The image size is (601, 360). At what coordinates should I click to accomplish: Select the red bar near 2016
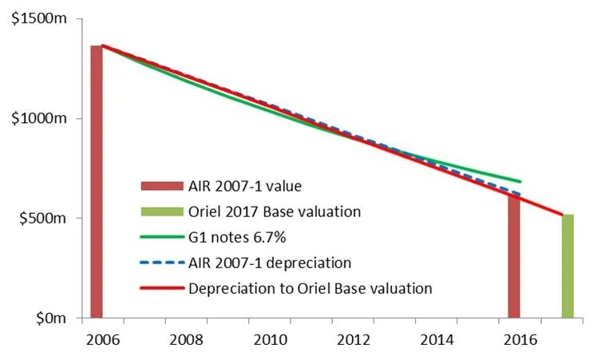(x=514, y=255)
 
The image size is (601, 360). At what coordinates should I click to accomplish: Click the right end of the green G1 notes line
(x=520, y=181)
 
